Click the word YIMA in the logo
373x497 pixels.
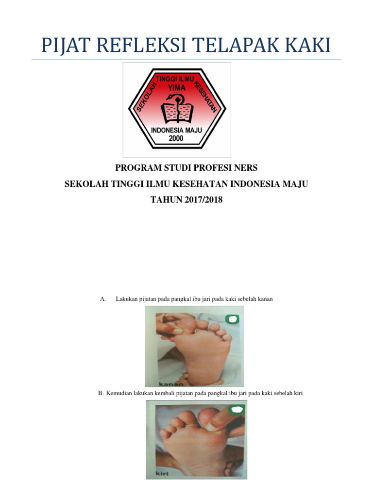[x=177, y=87]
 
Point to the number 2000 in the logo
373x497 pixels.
[x=176, y=138]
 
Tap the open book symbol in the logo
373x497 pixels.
[x=177, y=112]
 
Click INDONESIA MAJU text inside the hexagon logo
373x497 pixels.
[x=176, y=130]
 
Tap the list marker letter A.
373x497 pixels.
[x=103, y=299]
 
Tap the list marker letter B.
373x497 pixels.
[x=101, y=393]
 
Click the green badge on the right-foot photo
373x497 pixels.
[x=233, y=319]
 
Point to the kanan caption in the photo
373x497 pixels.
[x=171, y=384]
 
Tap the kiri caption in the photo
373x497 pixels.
[x=162, y=474]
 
